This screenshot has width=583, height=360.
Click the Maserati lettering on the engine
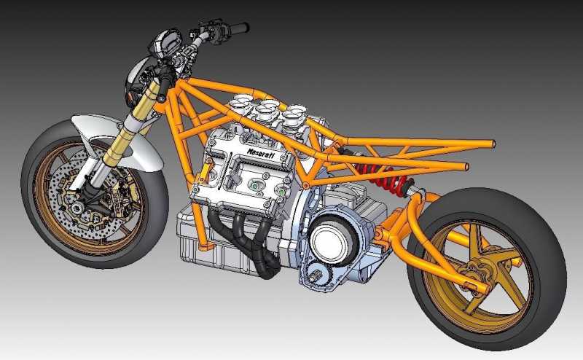coord(261,152)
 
